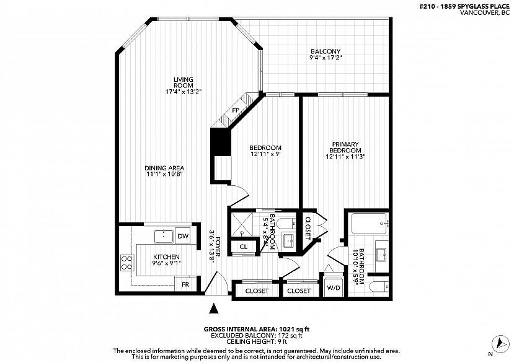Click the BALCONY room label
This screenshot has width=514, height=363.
(x=326, y=55)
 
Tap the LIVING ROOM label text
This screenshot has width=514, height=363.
(x=183, y=85)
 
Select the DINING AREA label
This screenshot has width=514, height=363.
(x=164, y=171)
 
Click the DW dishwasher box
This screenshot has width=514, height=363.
(x=182, y=236)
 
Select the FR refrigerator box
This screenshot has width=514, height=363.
(x=185, y=285)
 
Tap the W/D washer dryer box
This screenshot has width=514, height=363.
(x=333, y=288)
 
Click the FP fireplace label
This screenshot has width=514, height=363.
(x=236, y=111)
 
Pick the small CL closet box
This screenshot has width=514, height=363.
(x=243, y=247)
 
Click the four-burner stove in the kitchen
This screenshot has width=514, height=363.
(x=127, y=263)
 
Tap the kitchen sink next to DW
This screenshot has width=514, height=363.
(x=164, y=235)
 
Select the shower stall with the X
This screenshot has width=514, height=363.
(x=242, y=224)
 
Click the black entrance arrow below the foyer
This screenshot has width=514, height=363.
(x=215, y=307)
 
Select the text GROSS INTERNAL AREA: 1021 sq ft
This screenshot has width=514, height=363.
(x=256, y=330)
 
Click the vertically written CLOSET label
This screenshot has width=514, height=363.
(x=308, y=227)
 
